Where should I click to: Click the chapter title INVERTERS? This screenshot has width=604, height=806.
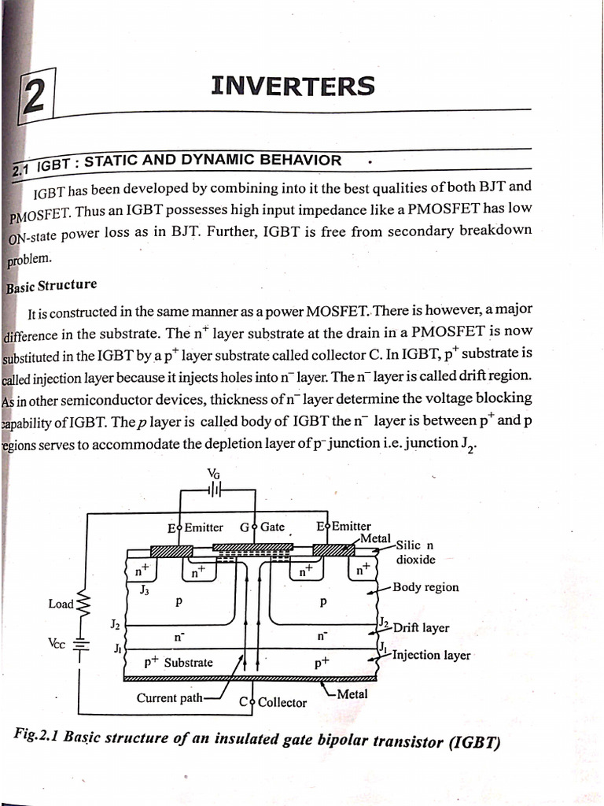click(x=293, y=85)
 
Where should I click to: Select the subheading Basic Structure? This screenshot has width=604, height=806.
click(x=52, y=286)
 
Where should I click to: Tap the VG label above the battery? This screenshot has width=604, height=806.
click(x=214, y=473)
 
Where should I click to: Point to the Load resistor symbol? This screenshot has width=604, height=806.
click(x=84, y=604)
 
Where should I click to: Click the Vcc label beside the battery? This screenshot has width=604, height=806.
click(x=57, y=642)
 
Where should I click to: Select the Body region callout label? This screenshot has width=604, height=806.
click(x=425, y=587)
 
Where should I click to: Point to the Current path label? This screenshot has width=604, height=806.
click(x=169, y=698)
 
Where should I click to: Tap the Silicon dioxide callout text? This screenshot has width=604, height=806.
click(x=415, y=552)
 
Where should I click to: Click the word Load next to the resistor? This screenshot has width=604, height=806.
click(x=61, y=604)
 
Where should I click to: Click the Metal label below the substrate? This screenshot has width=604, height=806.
click(x=352, y=694)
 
